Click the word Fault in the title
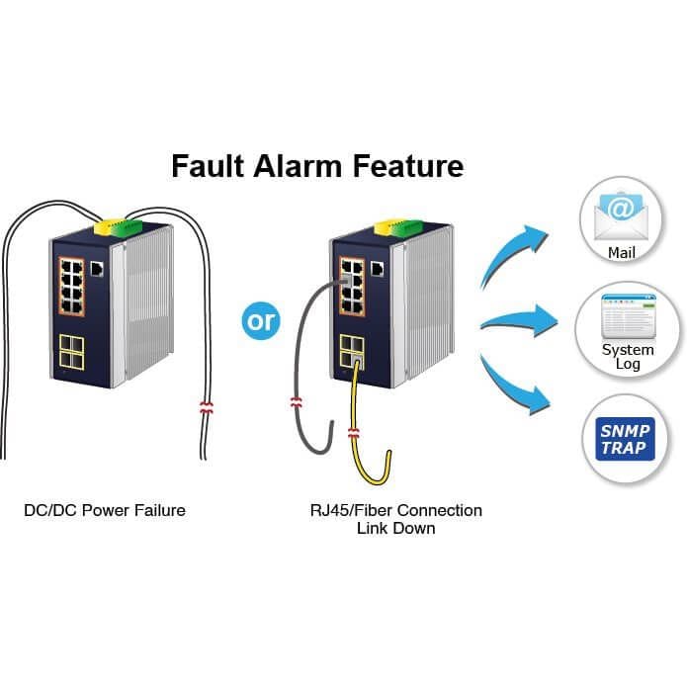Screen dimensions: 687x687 click(x=208, y=166)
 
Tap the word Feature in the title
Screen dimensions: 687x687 click(x=408, y=166)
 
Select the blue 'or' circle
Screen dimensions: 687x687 click(x=261, y=320)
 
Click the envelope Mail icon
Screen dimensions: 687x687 click(x=621, y=216)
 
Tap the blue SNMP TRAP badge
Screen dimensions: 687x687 click(x=626, y=439)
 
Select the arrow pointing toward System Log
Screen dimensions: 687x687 click(x=520, y=321)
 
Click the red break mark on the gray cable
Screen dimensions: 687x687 click(x=297, y=402)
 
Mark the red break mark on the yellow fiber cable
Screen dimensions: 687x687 click(x=354, y=433)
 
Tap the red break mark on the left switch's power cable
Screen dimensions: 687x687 click(x=207, y=407)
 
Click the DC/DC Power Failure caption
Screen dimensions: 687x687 click(x=105, y=510)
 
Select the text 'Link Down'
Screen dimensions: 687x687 click(x=396, y=528)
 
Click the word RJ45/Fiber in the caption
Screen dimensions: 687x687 click(x=351, y=510)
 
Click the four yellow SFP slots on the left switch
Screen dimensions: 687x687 click(x=71, y=352)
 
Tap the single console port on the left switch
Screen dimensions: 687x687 click(x=97, y=269)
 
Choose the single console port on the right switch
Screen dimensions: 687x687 click(x=378, y=269)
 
